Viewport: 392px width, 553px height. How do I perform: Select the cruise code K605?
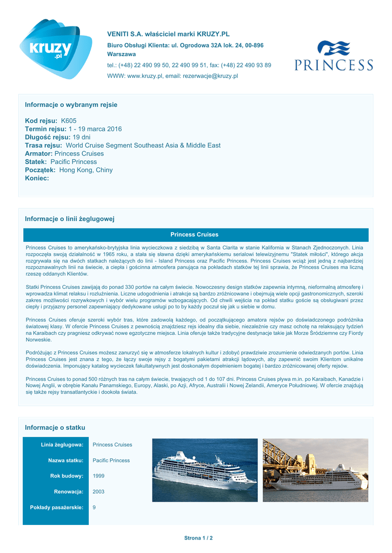(x=69, y=121)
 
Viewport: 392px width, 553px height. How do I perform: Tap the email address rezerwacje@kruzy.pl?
(x=210, y=76)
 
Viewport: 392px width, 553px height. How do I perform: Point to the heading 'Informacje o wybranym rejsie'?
(x=71, y=104)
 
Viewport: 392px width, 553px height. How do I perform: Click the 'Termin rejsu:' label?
(x=45, y=129)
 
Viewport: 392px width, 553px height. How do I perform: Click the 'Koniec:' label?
(x=37, y=178)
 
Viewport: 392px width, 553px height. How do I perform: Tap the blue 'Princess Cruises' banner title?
(x=194, y=234)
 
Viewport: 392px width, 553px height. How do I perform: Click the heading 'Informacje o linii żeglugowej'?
(x=70, y=219)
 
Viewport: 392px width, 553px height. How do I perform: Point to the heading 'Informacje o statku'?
(x=55, y=428)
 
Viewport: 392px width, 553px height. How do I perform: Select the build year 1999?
(x=99, y=476)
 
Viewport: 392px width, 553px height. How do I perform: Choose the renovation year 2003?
(x=99, y=491)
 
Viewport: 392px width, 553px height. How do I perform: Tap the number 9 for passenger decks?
(x=95, y=507)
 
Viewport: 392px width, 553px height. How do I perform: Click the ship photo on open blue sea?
(x=204, y=470)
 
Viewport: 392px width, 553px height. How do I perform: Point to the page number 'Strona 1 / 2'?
(x=198, y=538)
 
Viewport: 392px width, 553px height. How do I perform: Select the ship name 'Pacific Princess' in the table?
(x=111, y=460)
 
